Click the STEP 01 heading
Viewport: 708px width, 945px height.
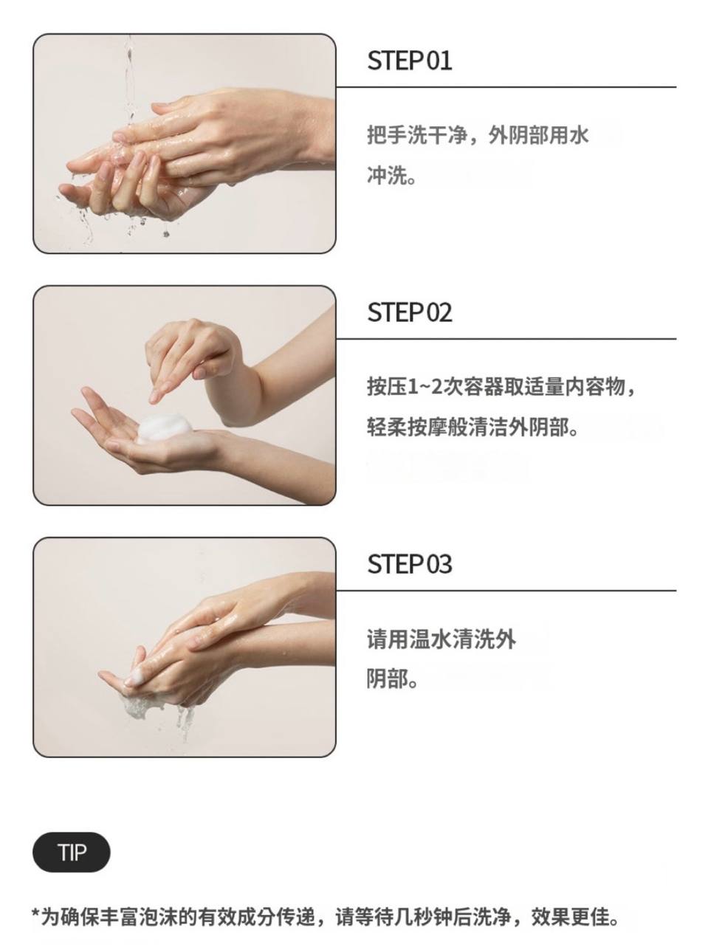click(409, 61)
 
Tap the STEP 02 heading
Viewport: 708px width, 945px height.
click(409, 312)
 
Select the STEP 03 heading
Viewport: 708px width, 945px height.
click(409, 564)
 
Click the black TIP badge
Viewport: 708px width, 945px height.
click(72, 853)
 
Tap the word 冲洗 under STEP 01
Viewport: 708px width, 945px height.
click(387, 176)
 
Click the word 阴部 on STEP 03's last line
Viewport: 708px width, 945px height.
click(387, 679)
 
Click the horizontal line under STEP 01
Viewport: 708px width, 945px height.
click(506, 87)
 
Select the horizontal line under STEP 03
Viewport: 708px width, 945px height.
click(506, 591)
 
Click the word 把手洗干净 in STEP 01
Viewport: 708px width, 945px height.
click(416, 135)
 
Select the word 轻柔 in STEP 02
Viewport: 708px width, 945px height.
click(387, 427)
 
